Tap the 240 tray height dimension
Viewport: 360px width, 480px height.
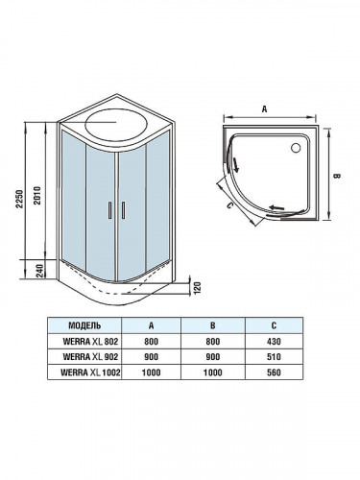click(x=36, y=272)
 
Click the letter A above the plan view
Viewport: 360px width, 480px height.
click(x=264, y=109)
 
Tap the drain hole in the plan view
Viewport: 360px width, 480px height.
click(x=294, y=146)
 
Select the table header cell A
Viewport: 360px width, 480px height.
click(x=152, y=324)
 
